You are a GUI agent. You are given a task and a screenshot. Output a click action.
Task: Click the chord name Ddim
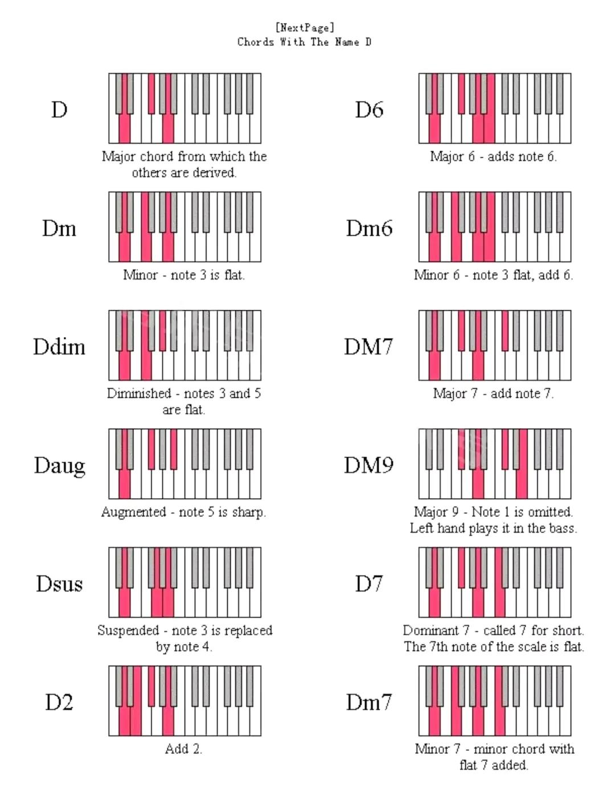coord(59,347)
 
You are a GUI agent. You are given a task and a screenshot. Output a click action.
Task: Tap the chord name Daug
coord(59,466)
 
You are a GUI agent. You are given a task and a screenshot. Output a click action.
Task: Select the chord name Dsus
coord(59,584)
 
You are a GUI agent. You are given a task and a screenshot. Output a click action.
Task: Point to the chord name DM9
coord(368,466)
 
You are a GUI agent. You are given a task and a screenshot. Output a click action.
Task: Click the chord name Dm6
coord(369,228)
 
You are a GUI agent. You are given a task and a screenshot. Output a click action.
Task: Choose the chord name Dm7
coord(369,702)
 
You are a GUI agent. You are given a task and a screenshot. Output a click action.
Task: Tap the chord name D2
coord(59,702)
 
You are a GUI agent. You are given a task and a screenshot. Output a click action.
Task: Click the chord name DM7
coord(368,347)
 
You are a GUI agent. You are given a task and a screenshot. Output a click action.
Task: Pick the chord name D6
coord(369,109)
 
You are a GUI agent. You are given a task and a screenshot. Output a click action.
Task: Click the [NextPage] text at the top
coord(305,27)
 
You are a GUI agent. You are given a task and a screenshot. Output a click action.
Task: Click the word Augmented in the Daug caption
coord(133,512)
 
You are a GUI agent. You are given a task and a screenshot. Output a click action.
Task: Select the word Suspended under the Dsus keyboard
coord(128,631)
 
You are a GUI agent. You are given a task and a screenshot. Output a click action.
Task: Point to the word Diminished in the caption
coord(139,393)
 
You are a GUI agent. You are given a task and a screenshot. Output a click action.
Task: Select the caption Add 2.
coord(183,749)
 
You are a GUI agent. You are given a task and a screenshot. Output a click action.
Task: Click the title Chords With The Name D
coord(305,42)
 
